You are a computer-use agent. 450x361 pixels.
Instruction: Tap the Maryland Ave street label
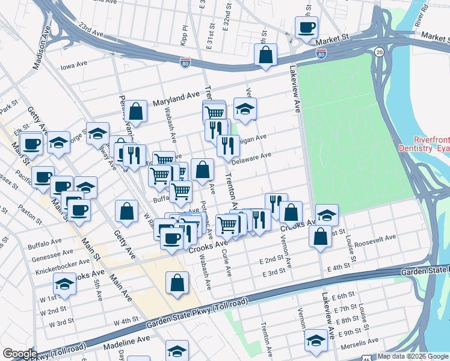coord(176,96)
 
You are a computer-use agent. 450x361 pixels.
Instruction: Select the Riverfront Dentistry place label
coord(424,143)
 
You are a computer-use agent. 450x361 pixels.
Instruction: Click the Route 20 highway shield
coord(379,52)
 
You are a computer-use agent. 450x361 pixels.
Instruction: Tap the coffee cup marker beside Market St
coord(306,28)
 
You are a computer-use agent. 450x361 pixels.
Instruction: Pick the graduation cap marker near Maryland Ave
coord(245,110)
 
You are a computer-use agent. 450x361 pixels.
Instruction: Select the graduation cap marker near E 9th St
coord(316,341)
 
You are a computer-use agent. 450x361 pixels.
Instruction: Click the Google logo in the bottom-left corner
coord(19,354)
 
